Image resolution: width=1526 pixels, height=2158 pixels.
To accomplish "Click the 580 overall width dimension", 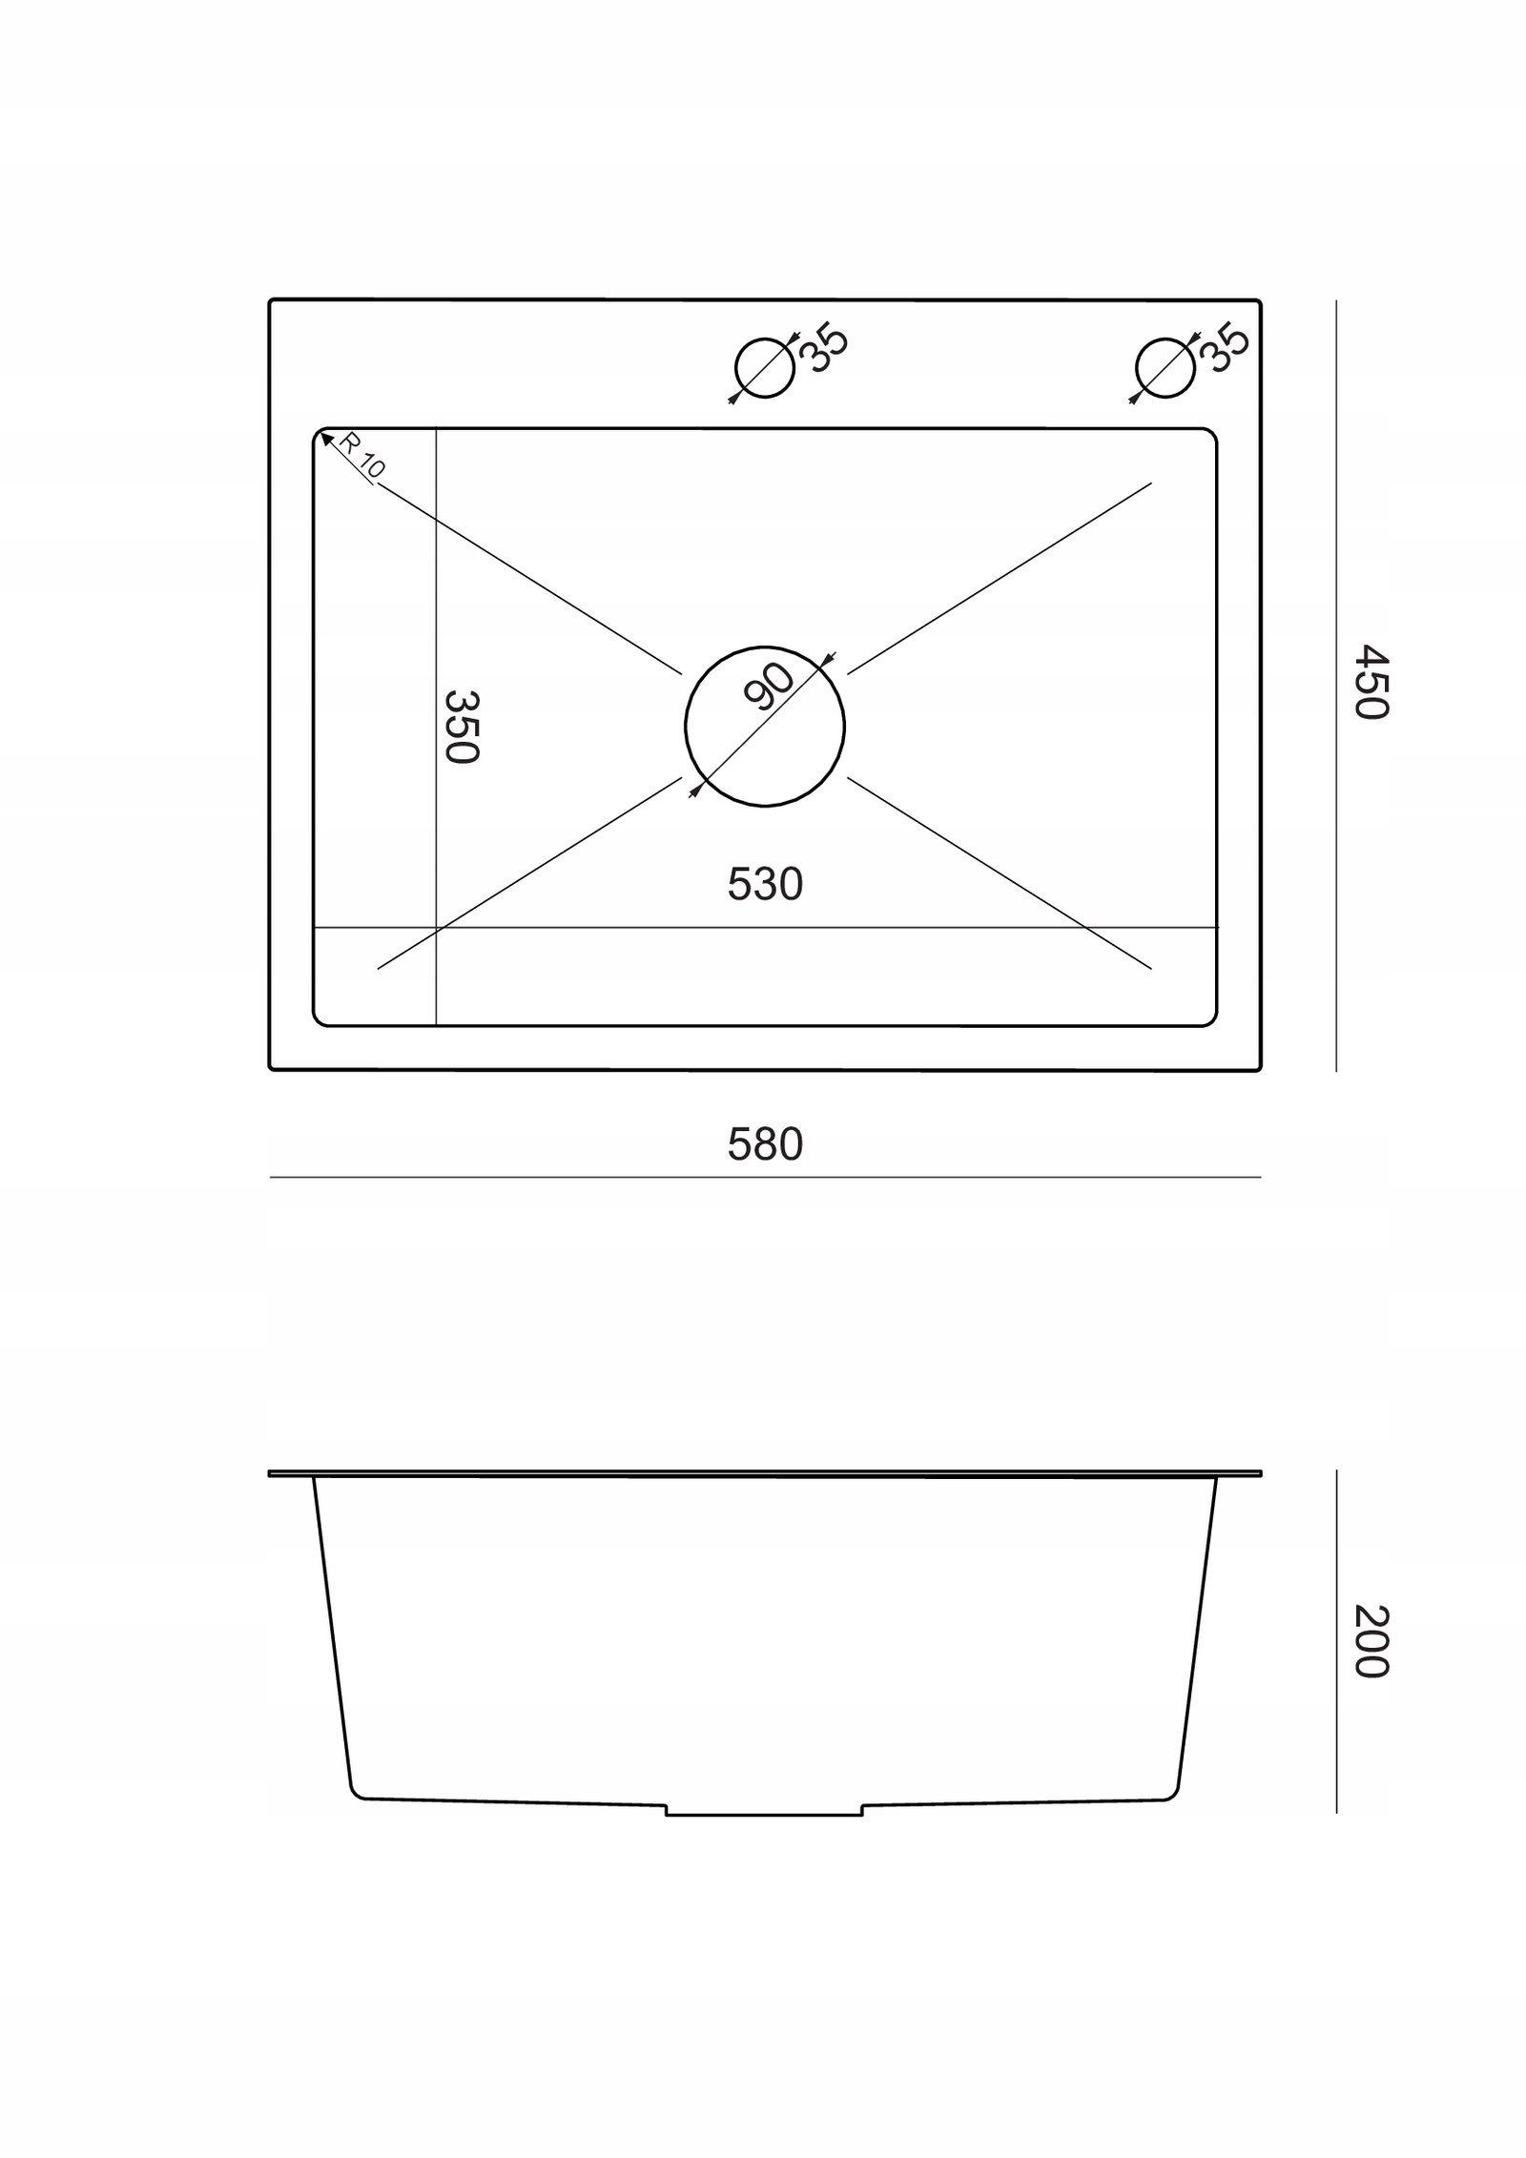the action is [765, 1144].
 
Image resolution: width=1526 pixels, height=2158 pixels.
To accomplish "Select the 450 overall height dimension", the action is [1371, 682].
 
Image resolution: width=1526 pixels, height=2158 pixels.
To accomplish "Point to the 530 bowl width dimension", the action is [765, 884].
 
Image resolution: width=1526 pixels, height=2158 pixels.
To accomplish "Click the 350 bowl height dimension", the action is [461, 727].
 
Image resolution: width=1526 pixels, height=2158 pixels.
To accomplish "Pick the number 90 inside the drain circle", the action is [769, 687].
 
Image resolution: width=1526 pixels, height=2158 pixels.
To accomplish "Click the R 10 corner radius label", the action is [361, 456].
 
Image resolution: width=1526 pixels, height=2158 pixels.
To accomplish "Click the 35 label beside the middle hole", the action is [823, 349].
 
